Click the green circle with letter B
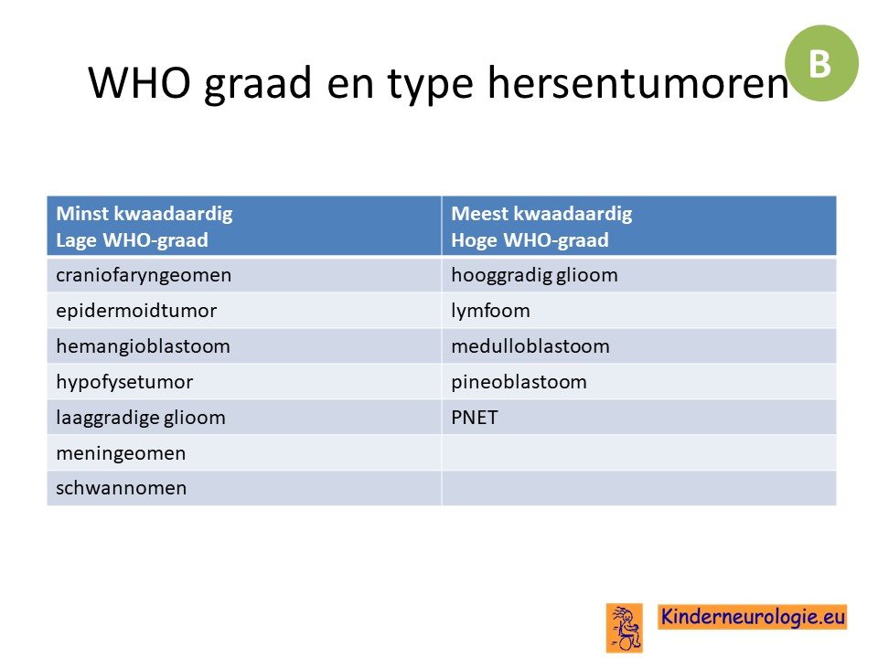tap(821, 63)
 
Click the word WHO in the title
tap(139, 82)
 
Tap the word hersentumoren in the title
tap(637, 82)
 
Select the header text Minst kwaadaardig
tap(145, 213)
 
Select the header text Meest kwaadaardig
tap(541, 213)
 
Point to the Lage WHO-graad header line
tap(132, 240)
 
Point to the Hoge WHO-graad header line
tap(530, 240)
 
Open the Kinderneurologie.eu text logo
tap(753, 617)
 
